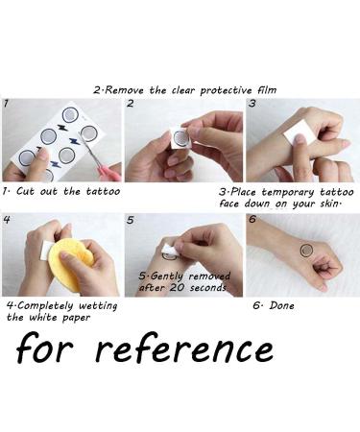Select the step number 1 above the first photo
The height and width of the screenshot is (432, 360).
[6, 103]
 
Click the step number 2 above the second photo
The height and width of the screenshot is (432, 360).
[130, 103]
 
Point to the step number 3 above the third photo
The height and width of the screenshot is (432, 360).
[252, 103]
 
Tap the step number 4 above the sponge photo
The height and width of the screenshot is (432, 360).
[7, 219]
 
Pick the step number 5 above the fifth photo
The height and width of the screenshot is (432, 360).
[130, 219]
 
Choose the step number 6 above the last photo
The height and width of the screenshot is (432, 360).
[252, 219]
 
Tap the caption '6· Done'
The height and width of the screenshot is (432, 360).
[274, 306]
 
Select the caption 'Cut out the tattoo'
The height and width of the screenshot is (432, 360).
[67, 191]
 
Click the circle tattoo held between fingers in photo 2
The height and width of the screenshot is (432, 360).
[179, 138]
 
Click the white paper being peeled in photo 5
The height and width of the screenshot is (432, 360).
[169, 249]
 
